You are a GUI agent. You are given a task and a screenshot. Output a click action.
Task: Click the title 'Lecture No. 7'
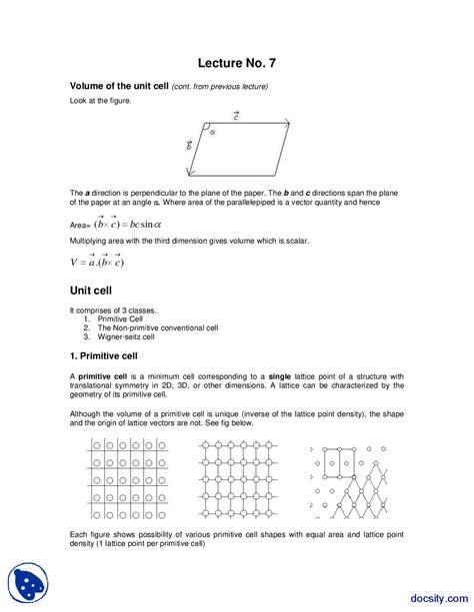236,63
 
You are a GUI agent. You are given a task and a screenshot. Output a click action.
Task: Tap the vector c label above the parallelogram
236,116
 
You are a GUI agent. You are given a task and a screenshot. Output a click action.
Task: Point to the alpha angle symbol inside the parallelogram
212,130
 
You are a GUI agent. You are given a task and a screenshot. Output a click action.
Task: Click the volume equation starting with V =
91,262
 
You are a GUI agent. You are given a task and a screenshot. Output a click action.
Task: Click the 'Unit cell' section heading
94,292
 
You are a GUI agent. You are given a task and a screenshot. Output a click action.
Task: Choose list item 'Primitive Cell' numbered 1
120,318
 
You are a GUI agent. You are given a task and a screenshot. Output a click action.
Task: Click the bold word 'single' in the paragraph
278,374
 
